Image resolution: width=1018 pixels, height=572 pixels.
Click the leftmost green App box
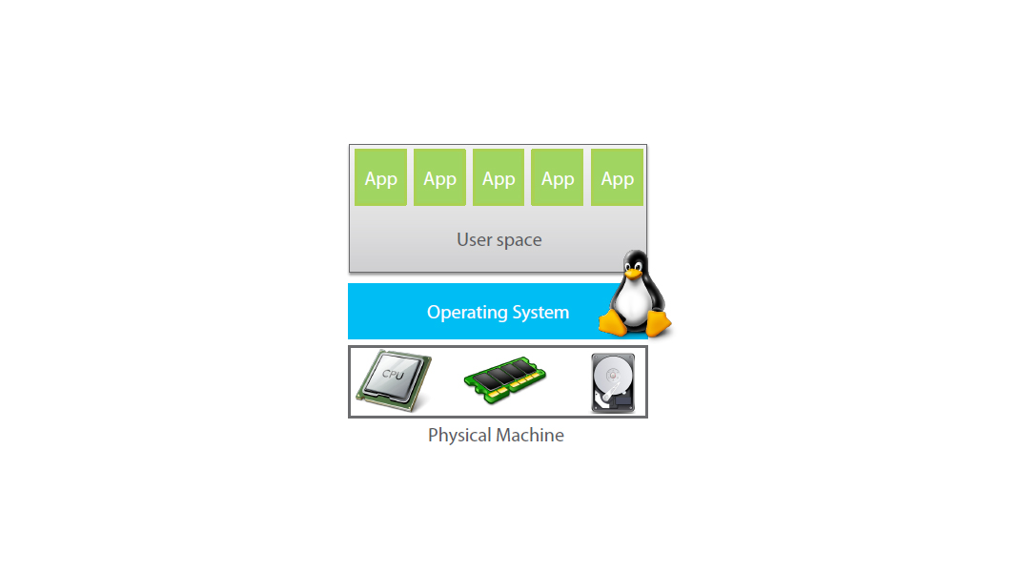coord(380,177)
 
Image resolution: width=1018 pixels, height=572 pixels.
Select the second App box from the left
coord(439,177)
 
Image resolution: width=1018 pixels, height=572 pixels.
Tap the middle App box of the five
coord(499,177)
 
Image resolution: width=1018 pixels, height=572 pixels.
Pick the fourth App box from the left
coord(558,177)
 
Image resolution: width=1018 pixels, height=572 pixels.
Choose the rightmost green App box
coord(617,177)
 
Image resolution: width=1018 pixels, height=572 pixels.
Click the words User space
coord(499,239)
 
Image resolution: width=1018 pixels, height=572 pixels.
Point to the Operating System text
coord(498,312)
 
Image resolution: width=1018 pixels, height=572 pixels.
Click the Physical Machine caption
coord(496,436)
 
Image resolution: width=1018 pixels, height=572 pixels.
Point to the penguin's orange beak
coord(633,272)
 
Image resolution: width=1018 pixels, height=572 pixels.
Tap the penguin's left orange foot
coord(614,324)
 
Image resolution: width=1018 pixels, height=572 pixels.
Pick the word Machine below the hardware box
coord(529,436)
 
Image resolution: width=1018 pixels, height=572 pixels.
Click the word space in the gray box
coord(519,240)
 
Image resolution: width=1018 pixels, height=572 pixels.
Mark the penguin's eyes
coord(633,262)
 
